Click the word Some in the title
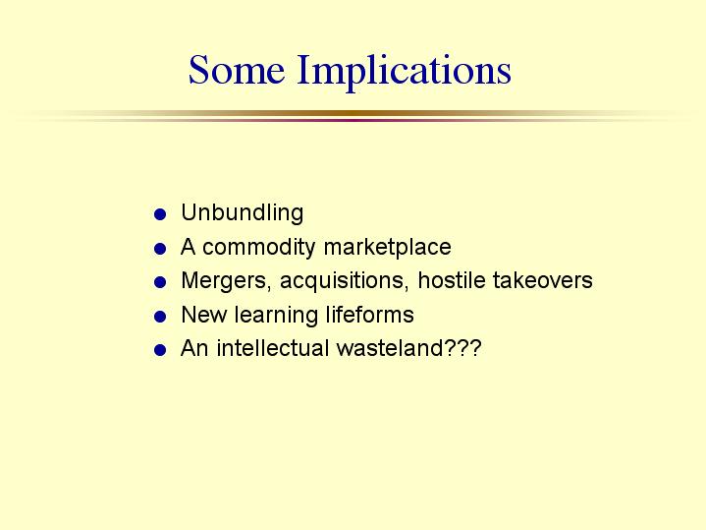(237, 70)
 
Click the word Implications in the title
(405, 72)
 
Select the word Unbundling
(243, 212)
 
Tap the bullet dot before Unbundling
(160, 213)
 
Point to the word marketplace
(387, 247)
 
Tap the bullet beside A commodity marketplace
(160, 249)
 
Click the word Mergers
(226, 281)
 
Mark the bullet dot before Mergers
(160, 282)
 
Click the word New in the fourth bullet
(203, 315)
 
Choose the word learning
(276, 316)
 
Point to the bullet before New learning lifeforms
(160, 317)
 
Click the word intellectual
(272, 348)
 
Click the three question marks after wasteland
(462, 348)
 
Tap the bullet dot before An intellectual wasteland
(160, 350)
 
